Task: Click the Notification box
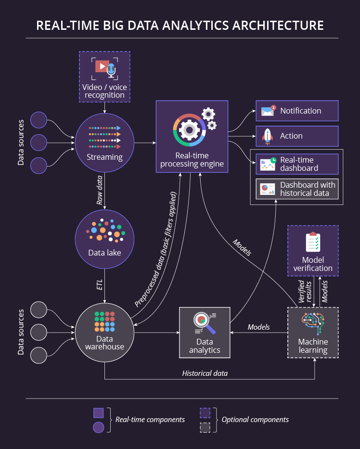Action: coord(297,111)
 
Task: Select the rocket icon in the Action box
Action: coord(268,136)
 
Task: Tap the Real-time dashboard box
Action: coord(297,164)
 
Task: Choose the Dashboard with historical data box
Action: coord(297,189)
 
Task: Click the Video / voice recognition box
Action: coord(104,77)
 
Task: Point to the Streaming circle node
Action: coord(104,142)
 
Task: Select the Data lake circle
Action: coord(104,238)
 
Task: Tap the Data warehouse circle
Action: coord(104,332)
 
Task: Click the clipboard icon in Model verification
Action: coord(313,243)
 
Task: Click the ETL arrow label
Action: coord(100,284)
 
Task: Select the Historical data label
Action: coord(205,373)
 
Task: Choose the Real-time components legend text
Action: coord(150,420)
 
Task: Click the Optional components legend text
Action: coord(255,420)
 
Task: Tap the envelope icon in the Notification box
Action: coord(268,111)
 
